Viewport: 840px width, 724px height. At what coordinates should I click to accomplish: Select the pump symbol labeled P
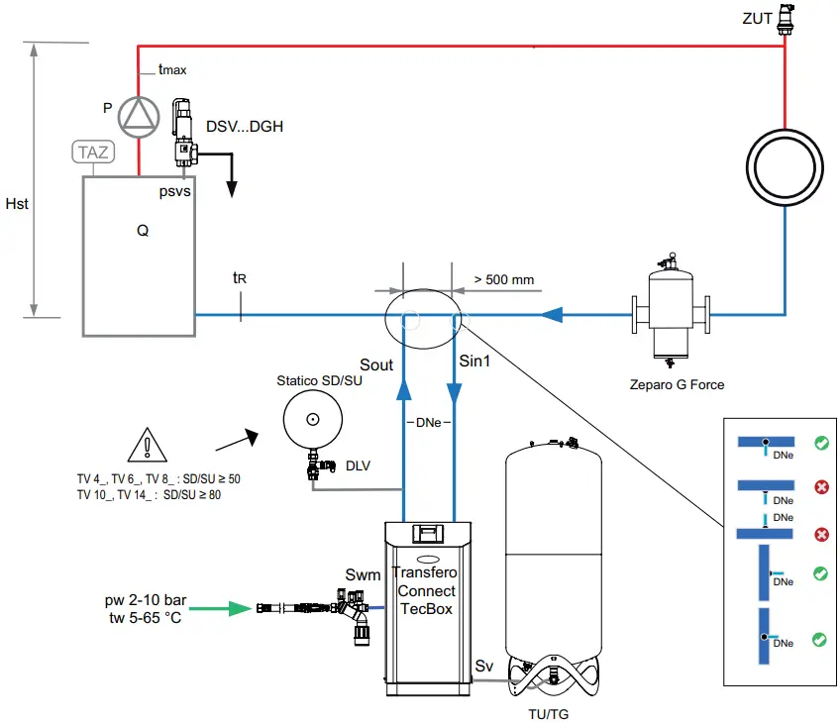pos(138,116)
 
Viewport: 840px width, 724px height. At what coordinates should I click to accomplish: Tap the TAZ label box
pos(93,152)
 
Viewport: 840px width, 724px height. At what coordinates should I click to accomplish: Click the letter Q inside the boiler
pos(143,231)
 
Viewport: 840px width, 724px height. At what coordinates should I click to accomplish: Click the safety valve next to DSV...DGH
pos(183,131)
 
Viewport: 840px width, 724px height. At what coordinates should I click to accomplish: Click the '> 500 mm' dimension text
pos(503,279)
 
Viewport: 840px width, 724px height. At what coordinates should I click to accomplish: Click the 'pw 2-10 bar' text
pos(144,600)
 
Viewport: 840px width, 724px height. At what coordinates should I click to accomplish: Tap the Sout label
pos(376,365)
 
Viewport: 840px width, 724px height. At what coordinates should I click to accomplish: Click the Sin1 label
pos(474,362)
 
